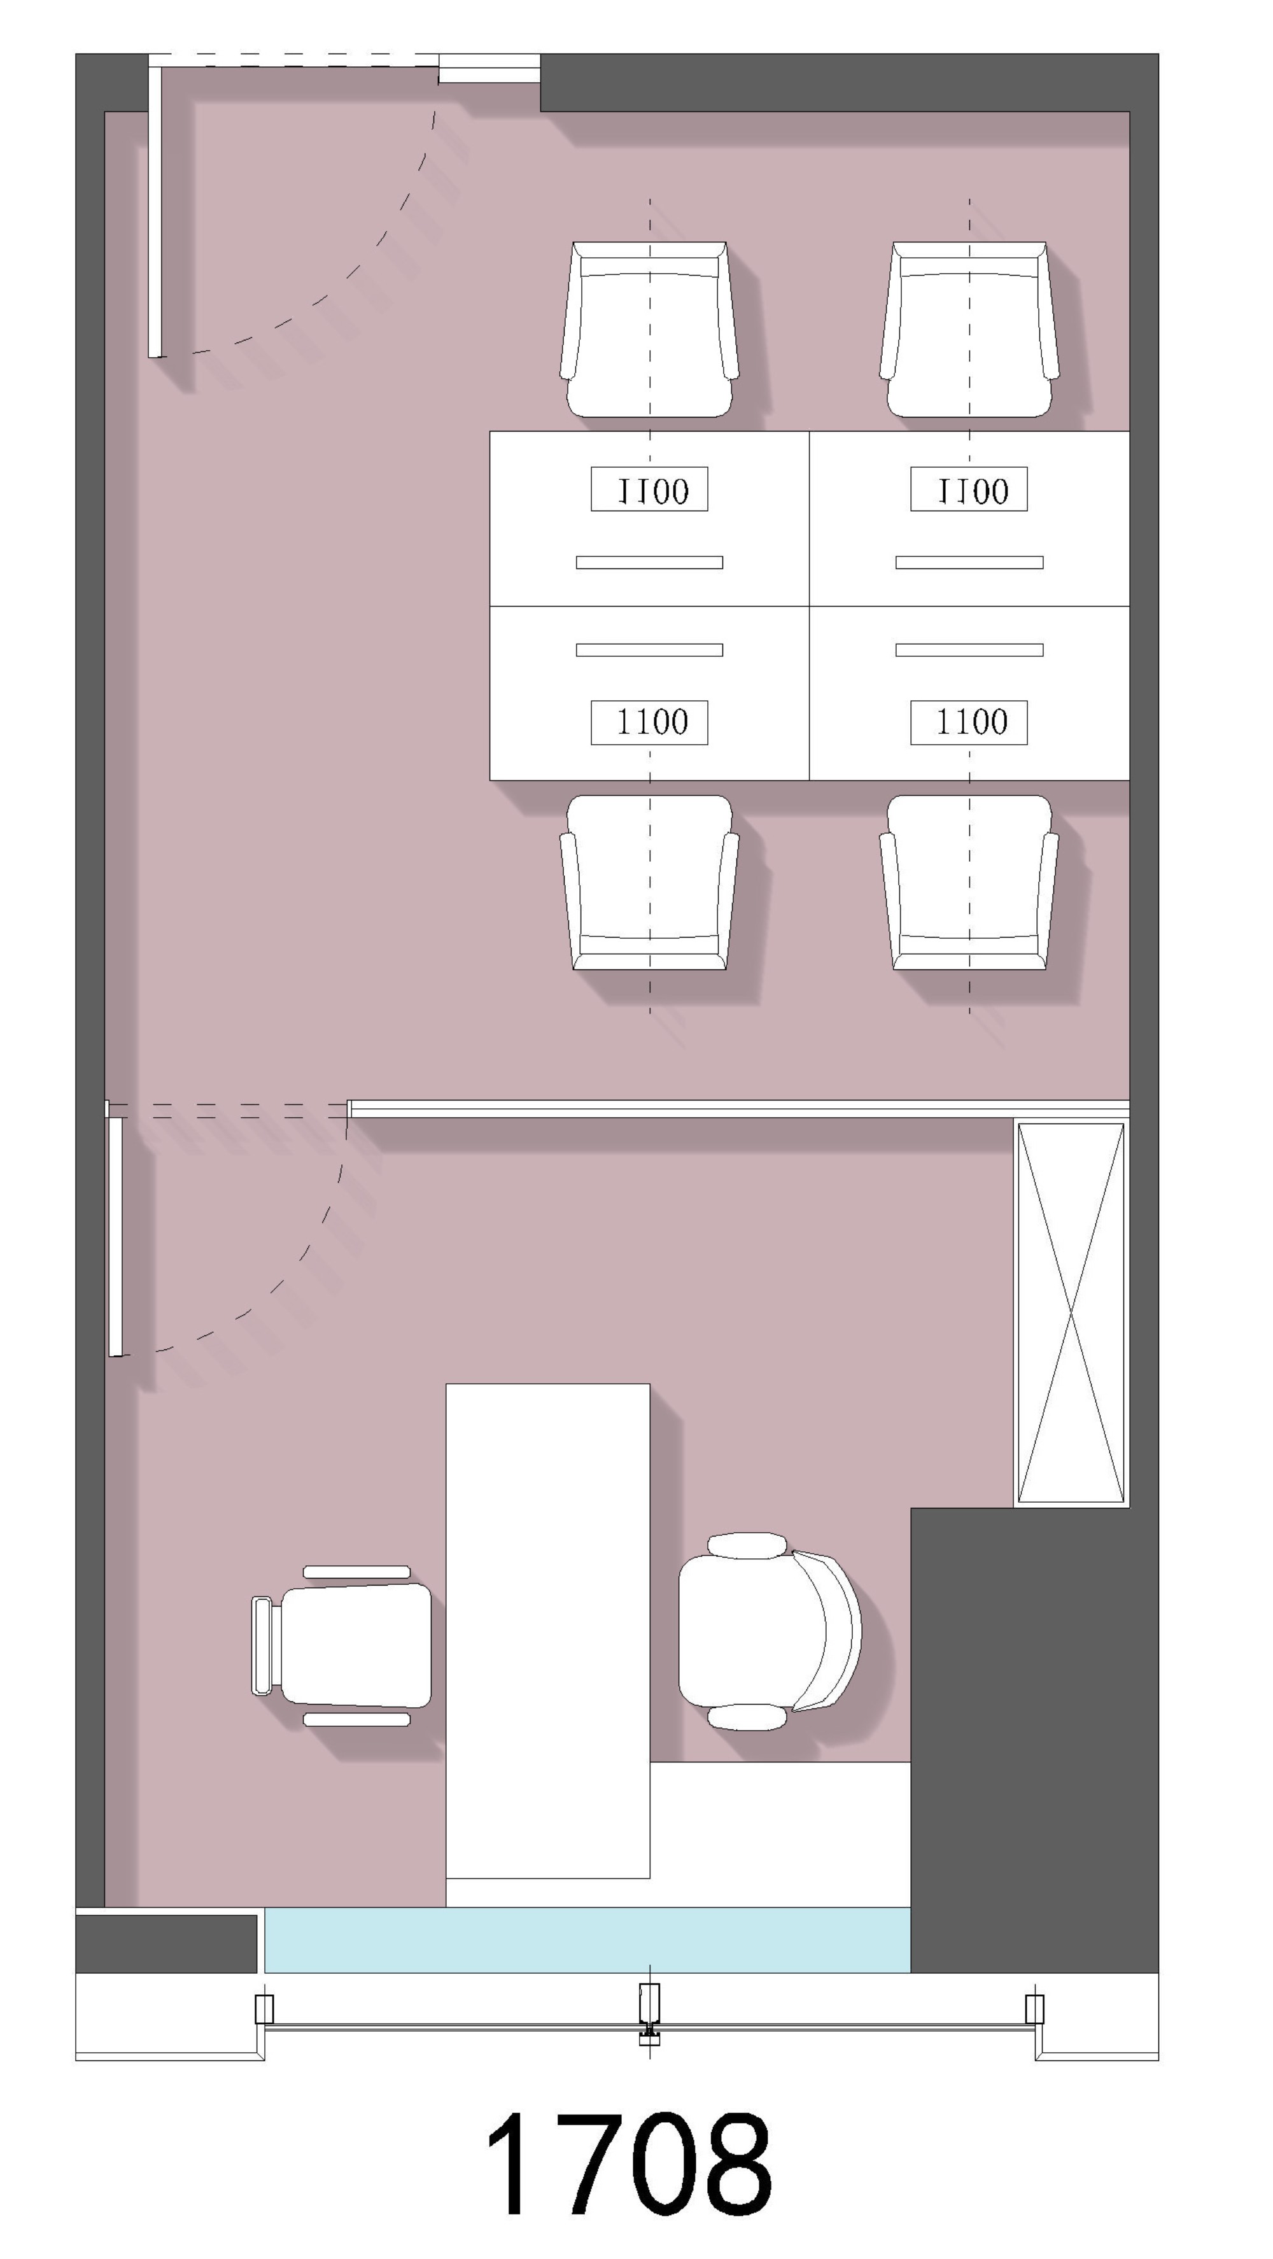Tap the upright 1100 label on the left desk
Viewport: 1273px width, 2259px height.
(x=650, y=722)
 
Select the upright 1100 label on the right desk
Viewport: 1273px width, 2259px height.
(x=969, y=722)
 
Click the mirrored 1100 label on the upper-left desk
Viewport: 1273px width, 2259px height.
(x=650, y=489)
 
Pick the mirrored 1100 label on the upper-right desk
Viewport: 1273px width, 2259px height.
(x=969, y=489)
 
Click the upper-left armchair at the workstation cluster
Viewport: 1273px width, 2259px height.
(x=650, y=330)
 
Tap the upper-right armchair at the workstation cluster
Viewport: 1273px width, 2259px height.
(x=969, y=330)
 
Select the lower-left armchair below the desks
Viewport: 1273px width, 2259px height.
(x=650, y=882)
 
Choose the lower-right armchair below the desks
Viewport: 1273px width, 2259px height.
(x=969, y=882)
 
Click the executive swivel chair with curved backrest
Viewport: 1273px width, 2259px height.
(x=769, y=1632)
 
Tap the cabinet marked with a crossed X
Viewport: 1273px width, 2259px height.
(x=1071, y=1312)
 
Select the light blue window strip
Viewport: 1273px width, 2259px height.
(x=587, y=1940)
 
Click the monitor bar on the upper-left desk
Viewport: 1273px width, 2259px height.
(x=650, y=562)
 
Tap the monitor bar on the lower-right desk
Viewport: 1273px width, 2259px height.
(x=969, y=650)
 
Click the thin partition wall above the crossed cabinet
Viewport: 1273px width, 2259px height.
(x=739, y=1108)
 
